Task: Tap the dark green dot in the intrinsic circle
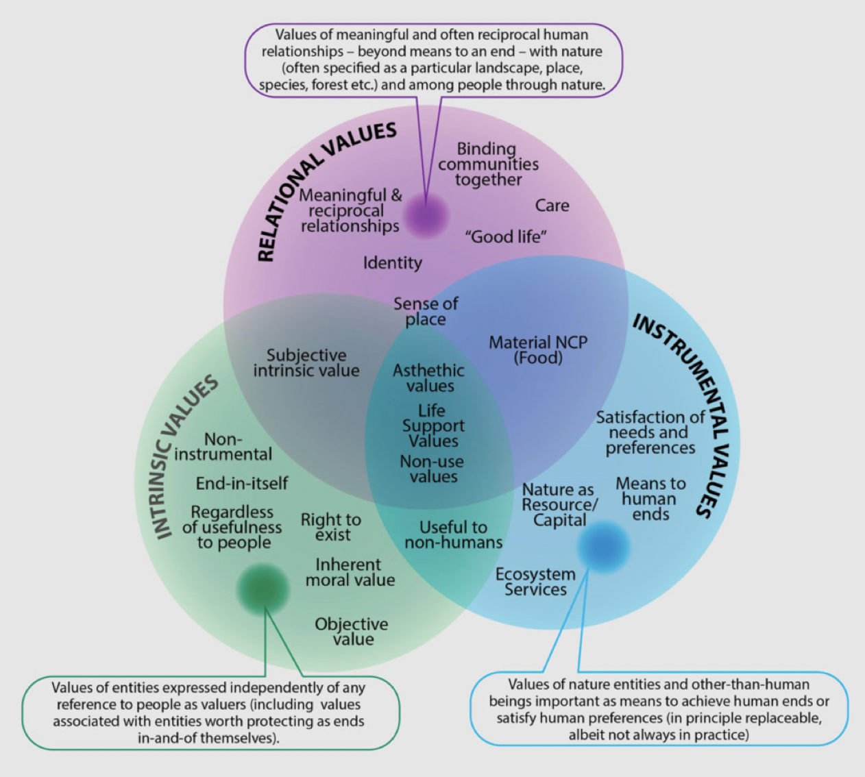[x=263, y=589]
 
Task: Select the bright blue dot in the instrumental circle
[x=603, y=546]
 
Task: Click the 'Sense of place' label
[x=426, y=311]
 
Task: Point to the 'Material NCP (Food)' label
[x=538, y=349]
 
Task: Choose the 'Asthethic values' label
[x=429, y=378]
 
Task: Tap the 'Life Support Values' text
[x=433, y=425]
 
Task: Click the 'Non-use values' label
[x=432, y=469]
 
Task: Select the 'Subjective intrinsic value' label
[x=306, y=363]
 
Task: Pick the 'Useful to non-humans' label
[x=453, y=534]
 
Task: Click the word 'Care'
[x=552, y=206]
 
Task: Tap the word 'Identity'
[x=393, y=262]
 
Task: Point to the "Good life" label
[x=506, y=236]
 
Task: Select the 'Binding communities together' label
[x=488, y=164]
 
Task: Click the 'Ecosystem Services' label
[x=535, y=582]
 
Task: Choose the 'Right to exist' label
[x=331, y=527]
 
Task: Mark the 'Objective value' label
[x=352, y=631]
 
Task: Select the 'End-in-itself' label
[x=242, y=483]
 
